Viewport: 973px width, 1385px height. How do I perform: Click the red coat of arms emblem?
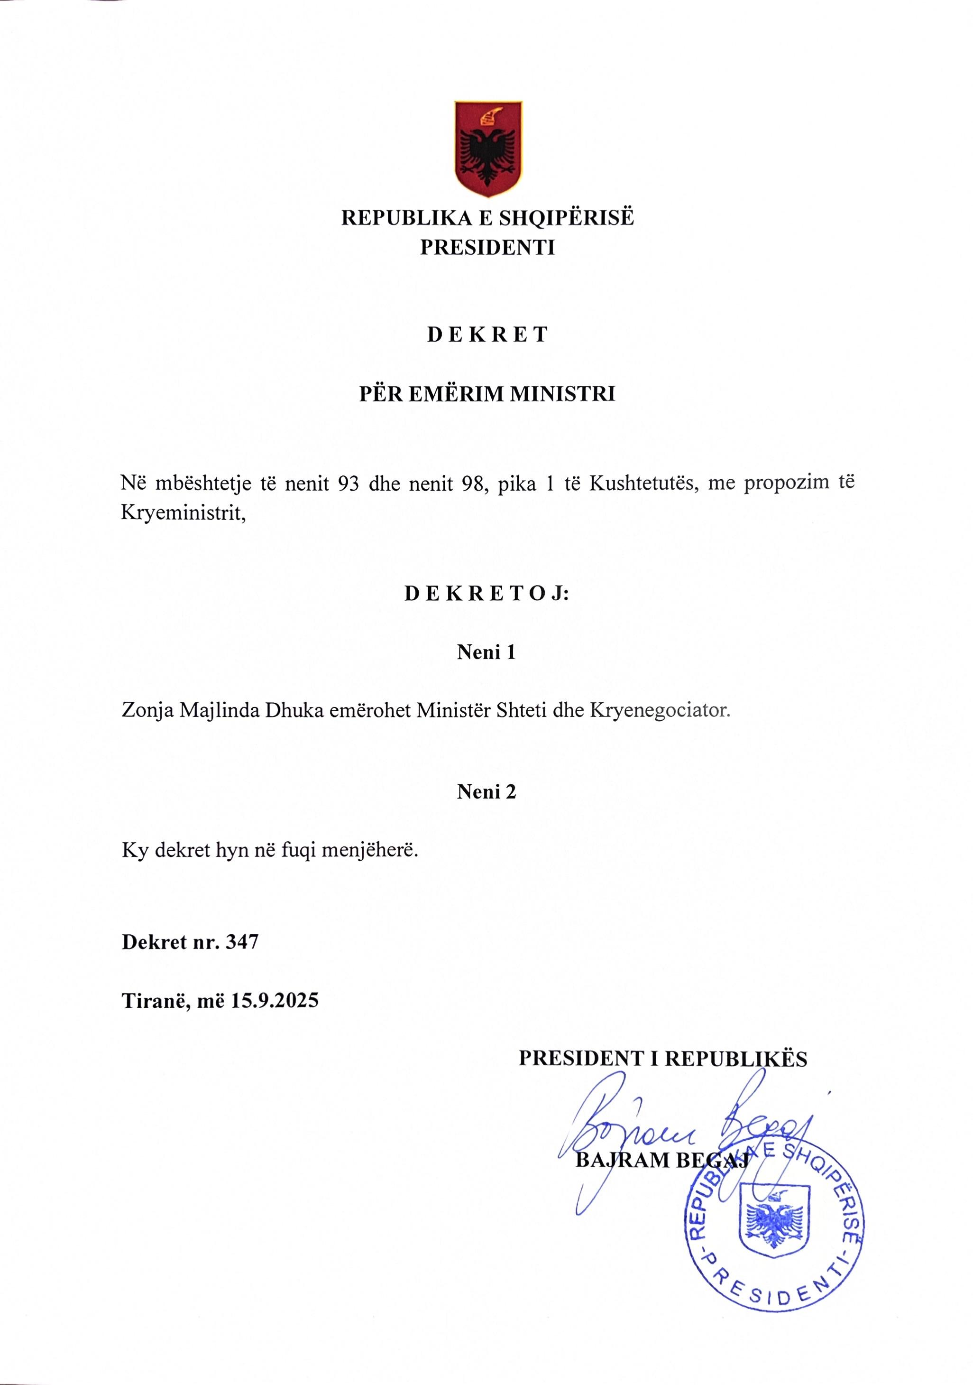point(488,149)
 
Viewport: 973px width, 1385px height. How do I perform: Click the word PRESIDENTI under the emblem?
point(487,248)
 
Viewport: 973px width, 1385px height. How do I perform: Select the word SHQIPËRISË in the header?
point(566,218)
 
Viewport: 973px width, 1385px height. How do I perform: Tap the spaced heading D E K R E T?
point(487,335)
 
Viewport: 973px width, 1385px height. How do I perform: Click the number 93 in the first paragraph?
point(349,484)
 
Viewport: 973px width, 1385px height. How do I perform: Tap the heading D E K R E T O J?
point(487,594)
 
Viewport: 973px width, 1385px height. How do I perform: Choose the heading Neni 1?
point(486,653)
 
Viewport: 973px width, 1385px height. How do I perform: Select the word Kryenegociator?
point(660,711)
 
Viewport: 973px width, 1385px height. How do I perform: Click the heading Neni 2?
point(486,792)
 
